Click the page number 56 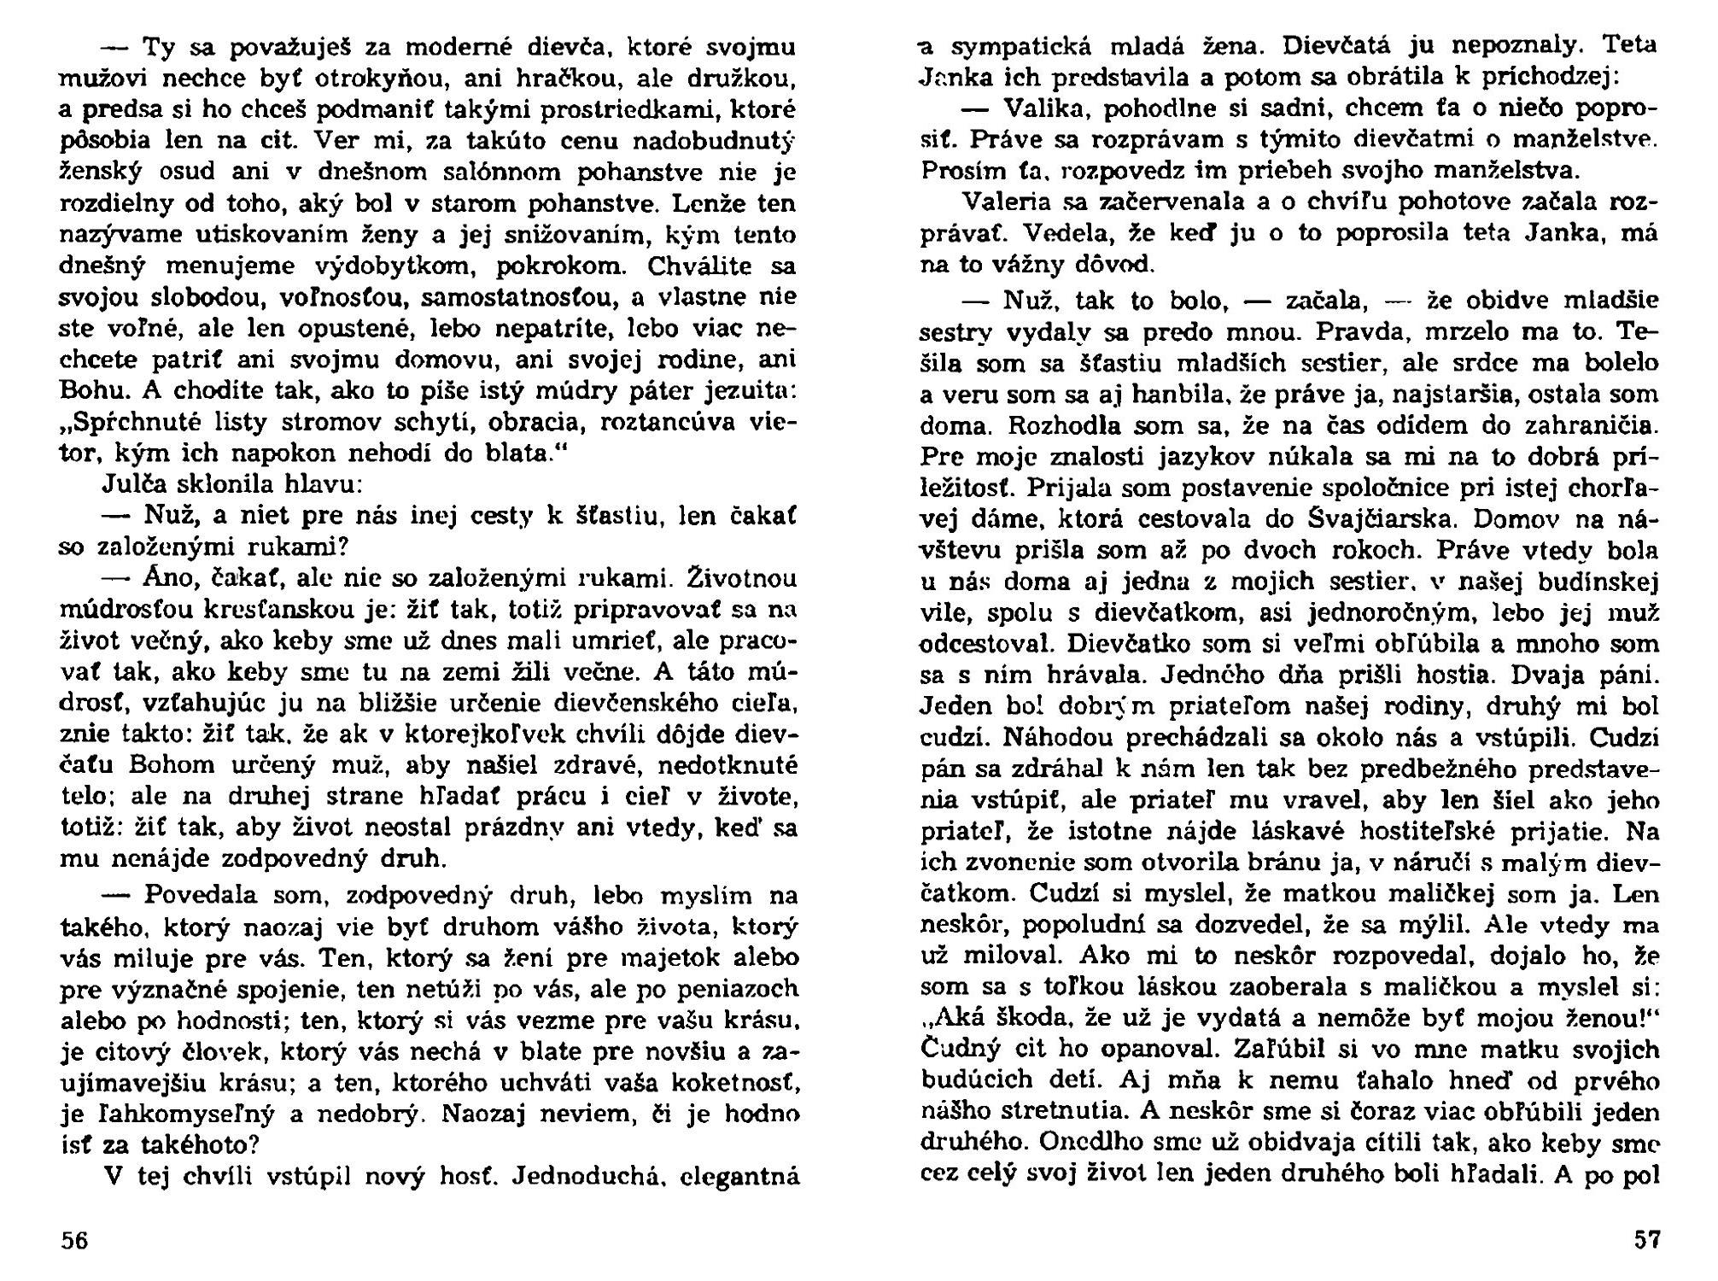click(x=73, y=1240)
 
